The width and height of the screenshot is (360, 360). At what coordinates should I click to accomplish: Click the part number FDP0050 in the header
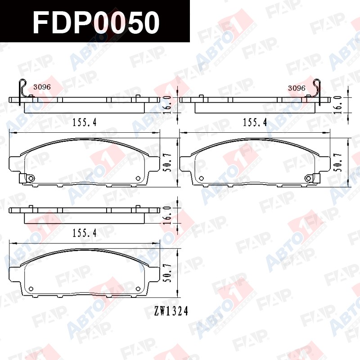coord(96,22)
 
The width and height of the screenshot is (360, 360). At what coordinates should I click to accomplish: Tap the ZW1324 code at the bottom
coord(171,311)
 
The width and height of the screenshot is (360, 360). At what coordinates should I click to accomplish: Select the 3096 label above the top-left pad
coord(42,87)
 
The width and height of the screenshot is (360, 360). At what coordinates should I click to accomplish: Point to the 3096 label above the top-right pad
coord(297,88)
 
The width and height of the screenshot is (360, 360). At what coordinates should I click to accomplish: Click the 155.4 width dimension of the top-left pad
coord(85,122)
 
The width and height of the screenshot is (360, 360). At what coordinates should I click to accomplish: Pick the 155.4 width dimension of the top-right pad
coord(255,122)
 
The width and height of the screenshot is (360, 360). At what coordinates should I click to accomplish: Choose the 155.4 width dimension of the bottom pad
coord(85,233)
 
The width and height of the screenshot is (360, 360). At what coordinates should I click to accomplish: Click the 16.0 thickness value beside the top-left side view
coord(168,105)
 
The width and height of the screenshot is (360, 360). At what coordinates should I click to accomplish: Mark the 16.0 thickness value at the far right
coord(338,105)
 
